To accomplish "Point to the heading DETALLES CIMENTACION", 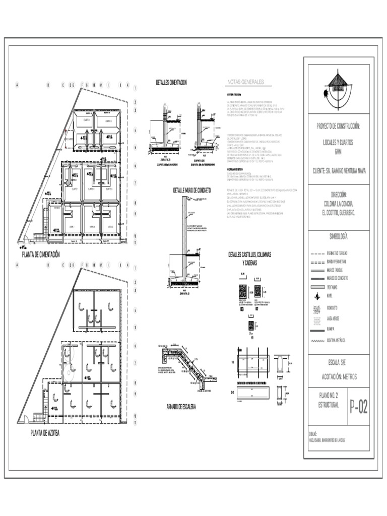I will pyautogui.click(x=172, y=82).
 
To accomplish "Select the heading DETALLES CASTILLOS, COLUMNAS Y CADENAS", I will pyautogui.click(x=250, y=259).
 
